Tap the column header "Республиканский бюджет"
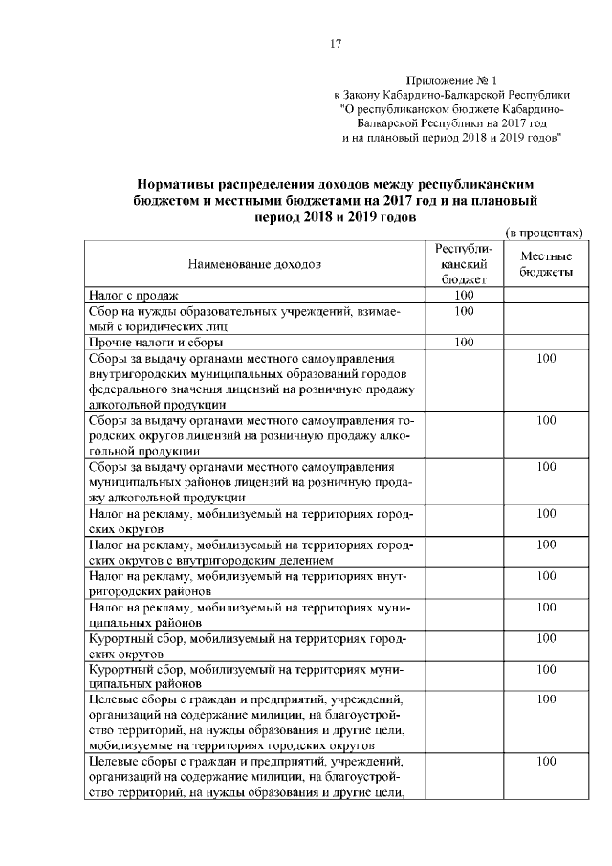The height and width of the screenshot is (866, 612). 464,263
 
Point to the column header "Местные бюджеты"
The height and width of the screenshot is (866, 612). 546,264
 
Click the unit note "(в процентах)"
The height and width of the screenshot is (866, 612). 543,233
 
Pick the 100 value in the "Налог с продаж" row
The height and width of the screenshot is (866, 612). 464,296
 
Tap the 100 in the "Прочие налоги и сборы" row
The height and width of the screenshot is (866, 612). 464,342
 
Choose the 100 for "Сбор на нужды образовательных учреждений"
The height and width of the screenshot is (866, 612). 464,311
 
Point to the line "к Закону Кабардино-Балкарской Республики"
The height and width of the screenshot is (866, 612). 451,95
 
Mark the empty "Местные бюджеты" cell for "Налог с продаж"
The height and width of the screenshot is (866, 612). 546,296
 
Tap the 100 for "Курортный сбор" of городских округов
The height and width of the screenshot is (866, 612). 546,637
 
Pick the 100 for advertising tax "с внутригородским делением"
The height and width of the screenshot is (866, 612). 546,544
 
